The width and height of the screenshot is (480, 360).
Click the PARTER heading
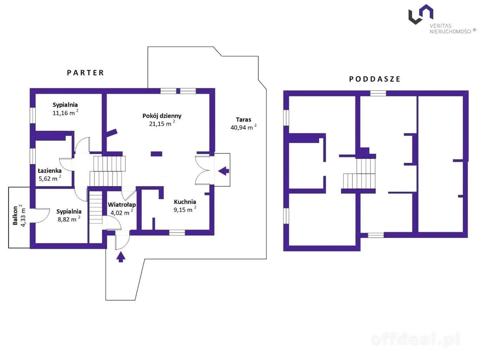(x=85, y=73)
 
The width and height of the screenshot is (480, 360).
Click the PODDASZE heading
(x=375, y=79)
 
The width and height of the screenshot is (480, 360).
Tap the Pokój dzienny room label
(x=162, y=116)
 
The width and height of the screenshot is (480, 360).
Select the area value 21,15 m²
(x=162, y=123)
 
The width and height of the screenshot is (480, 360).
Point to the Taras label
(x=244, y=120)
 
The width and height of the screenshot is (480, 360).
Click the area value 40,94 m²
(x=244, y=127)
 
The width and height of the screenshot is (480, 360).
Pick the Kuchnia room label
(x=185, y=202)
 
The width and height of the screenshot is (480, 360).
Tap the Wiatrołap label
(x=122, y=205)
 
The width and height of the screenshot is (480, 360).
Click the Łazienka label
(x=50, y=171)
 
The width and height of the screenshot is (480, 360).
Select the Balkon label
(x=15, y=216)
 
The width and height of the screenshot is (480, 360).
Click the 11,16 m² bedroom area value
(x=65, y=113)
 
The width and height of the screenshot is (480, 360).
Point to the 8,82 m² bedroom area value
(x=69, y=219)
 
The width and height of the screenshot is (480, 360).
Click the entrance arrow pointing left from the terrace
(x=223, y=171)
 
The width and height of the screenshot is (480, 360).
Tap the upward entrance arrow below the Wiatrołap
(x=121, y=257)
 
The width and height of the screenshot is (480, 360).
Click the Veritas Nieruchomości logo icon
(x=421, y=14)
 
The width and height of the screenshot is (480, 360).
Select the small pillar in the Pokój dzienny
(x=156, y=154)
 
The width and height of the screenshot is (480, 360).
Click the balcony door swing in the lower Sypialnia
(x=41, y=216)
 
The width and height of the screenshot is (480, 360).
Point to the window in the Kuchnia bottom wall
(x=177, y=232)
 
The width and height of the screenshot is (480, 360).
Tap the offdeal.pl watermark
(x=415, y=339)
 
